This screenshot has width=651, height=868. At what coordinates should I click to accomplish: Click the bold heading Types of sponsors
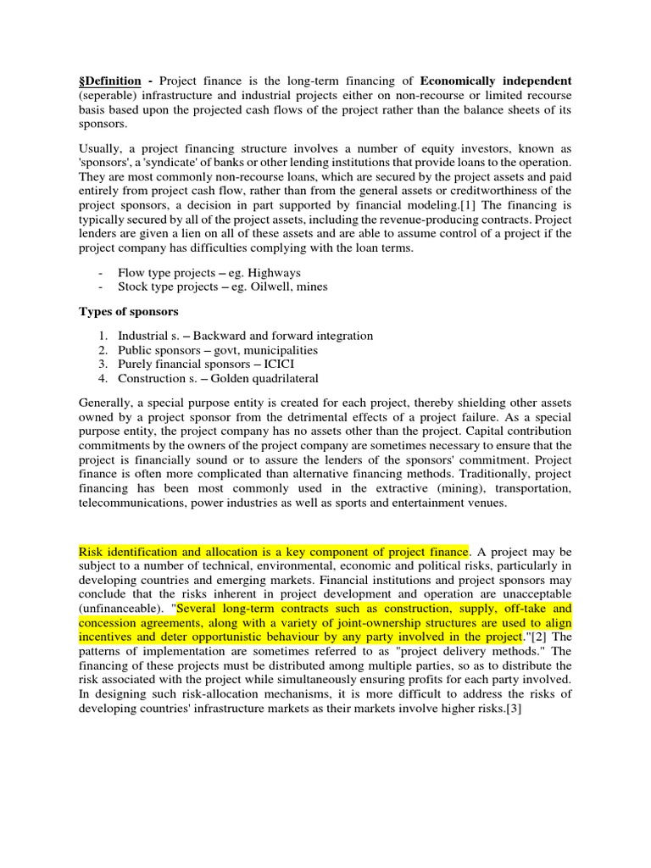point(129,311)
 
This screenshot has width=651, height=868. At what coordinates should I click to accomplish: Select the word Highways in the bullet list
point(274,273)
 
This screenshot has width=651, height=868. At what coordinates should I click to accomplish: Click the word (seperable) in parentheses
point(108,95)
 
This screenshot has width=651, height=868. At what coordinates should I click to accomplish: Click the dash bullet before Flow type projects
point(102,273)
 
